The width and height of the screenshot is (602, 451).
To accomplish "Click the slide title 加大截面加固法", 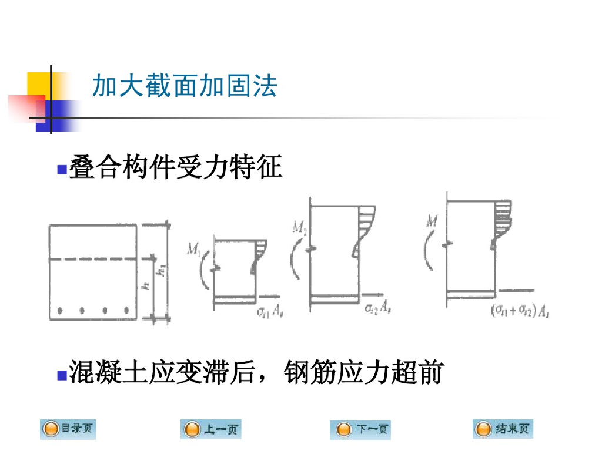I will click(185, 86).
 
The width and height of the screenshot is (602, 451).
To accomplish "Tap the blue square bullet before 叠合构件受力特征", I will click(61, 170).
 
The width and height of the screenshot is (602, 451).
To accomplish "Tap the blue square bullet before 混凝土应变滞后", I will click(61, 374).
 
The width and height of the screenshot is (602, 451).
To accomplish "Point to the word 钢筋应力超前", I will click(363, 372).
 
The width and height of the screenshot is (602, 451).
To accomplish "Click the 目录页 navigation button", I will click(68, 429).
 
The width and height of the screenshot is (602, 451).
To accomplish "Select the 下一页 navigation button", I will click(360, 430).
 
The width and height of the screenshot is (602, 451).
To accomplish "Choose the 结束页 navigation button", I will click(502, 429).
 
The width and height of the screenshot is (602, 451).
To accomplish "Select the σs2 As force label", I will click(377, 307).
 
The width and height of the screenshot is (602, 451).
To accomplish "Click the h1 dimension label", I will click(159, 272).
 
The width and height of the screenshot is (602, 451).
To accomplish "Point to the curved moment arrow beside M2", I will click(295, 258).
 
